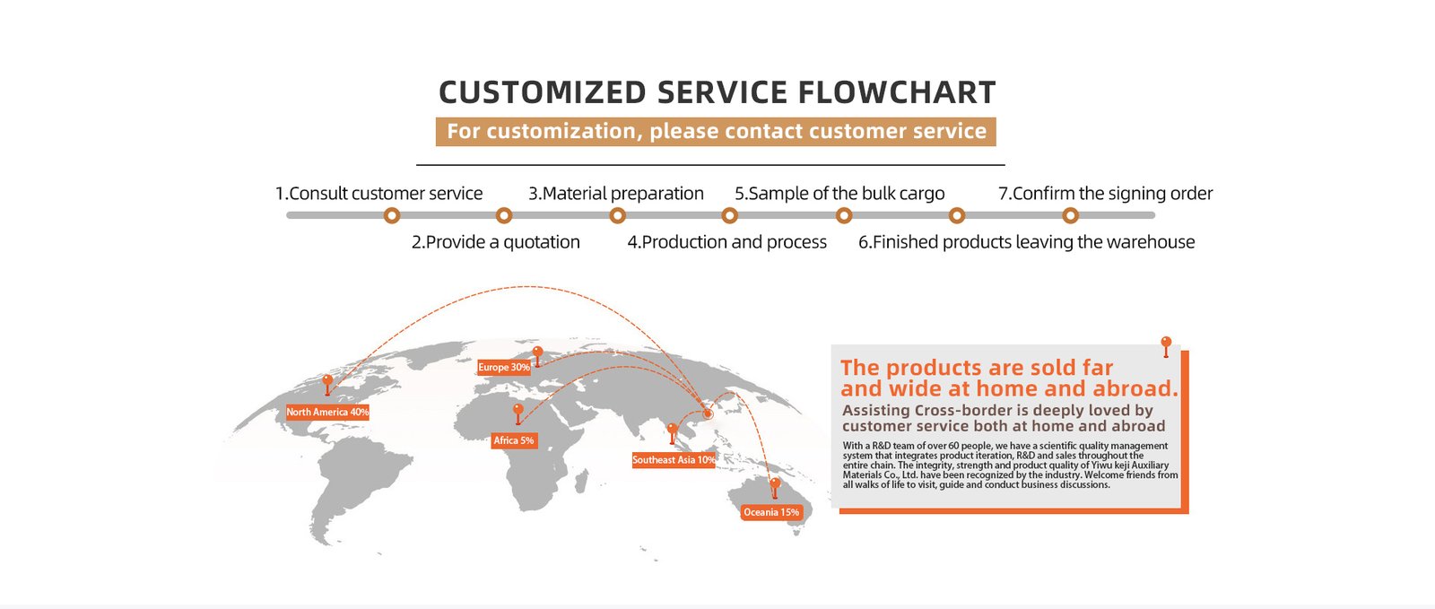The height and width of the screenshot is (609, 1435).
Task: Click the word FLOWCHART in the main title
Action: (x=896, y=92)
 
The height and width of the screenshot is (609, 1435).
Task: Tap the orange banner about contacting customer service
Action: (x=716, y=132)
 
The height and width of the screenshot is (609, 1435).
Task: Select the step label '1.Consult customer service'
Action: (x=378, y=194)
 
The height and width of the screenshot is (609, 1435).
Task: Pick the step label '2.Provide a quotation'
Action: (x=495, y=242)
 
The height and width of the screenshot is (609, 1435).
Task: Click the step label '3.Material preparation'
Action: (x=615, y=194)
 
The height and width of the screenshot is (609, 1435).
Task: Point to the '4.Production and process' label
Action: (x=726, y=242)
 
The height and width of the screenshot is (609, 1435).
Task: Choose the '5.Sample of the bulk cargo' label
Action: (x=839, y=194)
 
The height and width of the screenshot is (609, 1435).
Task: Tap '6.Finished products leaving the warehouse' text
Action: (x=1026, y=242)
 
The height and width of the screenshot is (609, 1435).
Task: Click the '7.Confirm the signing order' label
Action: (x=1105, y=194)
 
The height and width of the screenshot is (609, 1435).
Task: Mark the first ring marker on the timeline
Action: (x=391, y=215)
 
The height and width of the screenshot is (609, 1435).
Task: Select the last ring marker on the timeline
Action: (x=1070, y=215)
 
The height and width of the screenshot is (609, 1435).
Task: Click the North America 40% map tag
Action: (x=327, y=413)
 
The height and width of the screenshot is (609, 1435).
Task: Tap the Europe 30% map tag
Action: (x=503, y=367)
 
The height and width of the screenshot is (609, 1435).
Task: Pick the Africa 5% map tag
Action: (x=514, y=440)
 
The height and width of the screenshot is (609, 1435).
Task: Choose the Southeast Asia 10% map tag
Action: (x=674, y=460)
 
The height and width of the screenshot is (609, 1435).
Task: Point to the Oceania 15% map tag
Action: (x=770, y=512)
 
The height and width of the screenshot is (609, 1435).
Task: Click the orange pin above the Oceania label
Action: (x=775, y=486)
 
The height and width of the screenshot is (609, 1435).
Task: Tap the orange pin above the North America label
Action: (x=327, y=383)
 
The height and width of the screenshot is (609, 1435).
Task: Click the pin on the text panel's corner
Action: (x=1166, y=344)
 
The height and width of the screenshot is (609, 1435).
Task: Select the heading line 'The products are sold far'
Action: (x=977, y=368)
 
